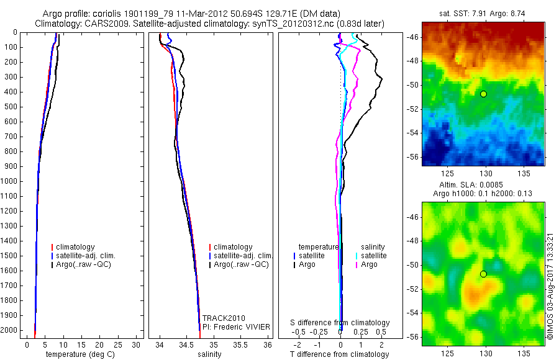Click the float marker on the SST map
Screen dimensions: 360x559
tap(483, 94)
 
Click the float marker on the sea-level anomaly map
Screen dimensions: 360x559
tap(483, 274)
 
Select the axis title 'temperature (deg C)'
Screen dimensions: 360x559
tap(79, 354)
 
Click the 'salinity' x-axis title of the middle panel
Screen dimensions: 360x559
tap(211, 354)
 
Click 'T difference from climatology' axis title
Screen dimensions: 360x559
tap(340, 354)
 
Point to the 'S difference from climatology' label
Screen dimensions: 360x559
tap(340, 323)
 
